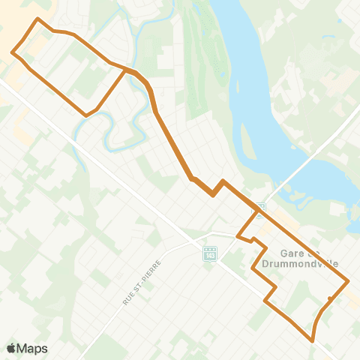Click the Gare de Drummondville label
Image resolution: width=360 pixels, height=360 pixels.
(x=309, y=258)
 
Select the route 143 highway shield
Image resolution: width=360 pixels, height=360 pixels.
(x=209, y=255)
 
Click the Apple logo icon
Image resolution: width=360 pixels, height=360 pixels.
(x=11, y=348)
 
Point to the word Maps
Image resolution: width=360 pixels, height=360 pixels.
(x=33, y=348)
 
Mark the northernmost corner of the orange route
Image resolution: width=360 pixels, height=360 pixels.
(x=37, y=18)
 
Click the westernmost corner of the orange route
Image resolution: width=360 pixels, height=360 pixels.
(x=12, y=52)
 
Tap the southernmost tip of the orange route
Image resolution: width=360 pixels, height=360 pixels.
(x=312, y=340)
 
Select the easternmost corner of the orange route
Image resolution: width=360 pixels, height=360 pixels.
(x=348, y=281)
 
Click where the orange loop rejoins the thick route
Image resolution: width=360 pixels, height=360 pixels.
(x=126, y=70)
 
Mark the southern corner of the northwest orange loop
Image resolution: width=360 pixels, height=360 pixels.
(x=86, y=115)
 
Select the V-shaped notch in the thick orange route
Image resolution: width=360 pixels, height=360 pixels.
(x=214, y=194)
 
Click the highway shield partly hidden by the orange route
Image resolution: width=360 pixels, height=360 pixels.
(x=260, y=208)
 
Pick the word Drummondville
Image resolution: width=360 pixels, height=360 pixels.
(x=309, y=264)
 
